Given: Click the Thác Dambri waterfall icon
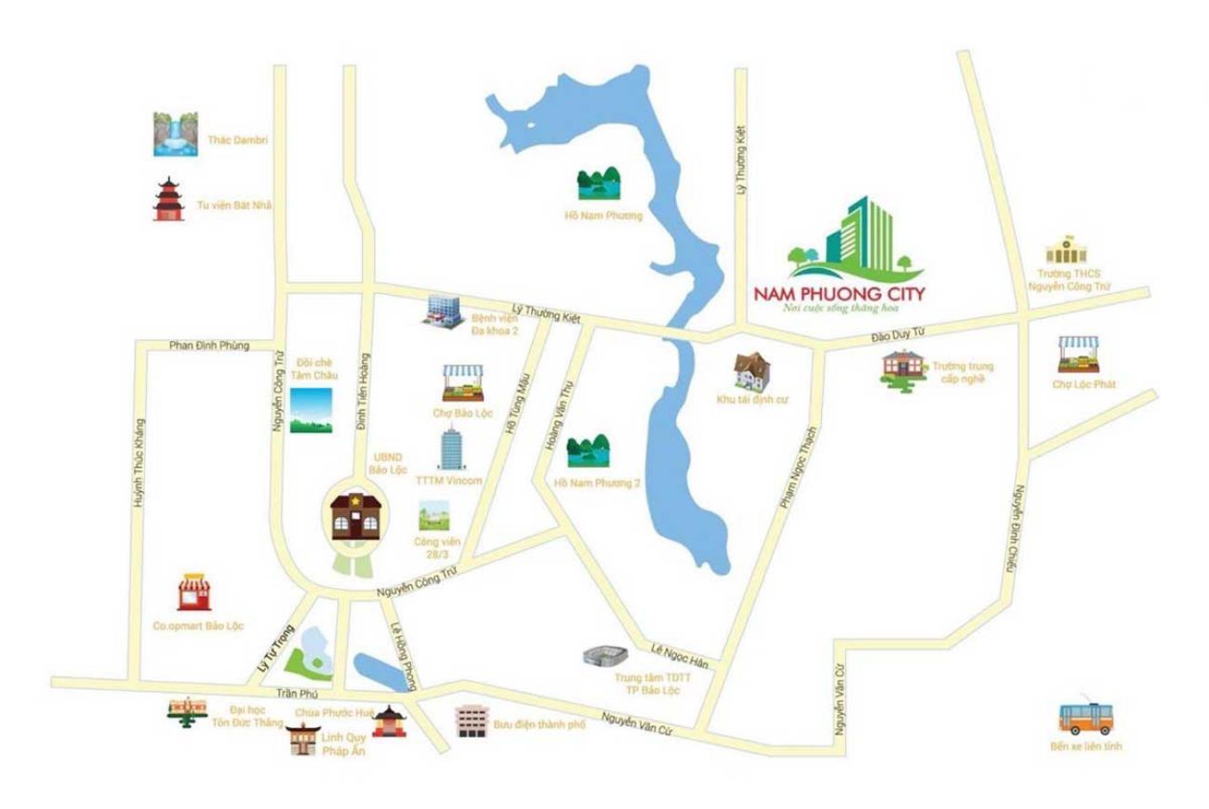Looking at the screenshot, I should [176, 134].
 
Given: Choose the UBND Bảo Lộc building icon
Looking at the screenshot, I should [354, 514].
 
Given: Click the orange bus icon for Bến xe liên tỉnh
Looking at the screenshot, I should [1085, 718].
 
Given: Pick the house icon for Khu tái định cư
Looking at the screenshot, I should [753, 370].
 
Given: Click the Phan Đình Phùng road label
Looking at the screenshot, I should [210, 346].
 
